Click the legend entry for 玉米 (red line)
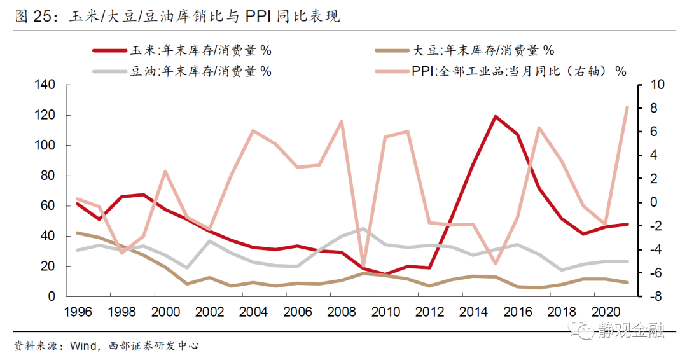coord(184,50)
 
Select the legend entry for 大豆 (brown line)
coord(465,50)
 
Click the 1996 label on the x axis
coord(76,312)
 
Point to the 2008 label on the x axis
coord(342,312)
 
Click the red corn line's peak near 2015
coord(495,116)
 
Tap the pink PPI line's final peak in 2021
coord(627,107)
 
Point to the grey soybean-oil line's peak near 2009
coord(363,229)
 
